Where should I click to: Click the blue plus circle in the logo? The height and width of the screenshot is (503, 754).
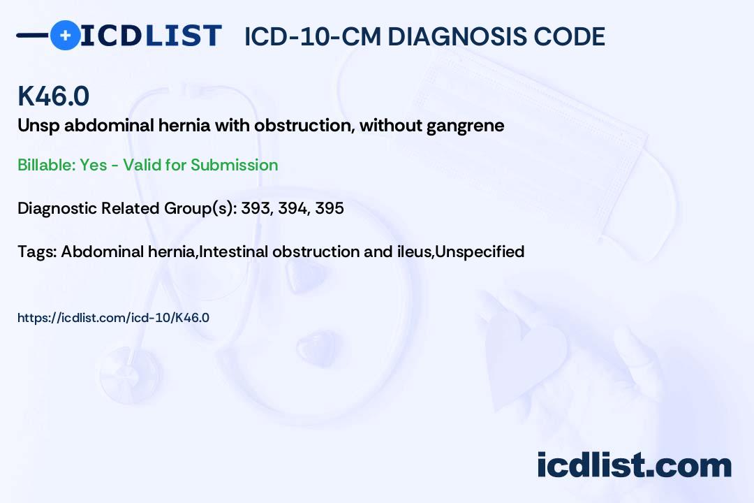tap(65, 36)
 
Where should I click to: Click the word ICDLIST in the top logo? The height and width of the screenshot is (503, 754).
tap(151, 36)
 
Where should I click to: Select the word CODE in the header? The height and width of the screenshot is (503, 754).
tap(561, 36)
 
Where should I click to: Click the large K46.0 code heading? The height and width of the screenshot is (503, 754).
tap(53, 96)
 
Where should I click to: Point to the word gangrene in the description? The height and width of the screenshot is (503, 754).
tap(466, 126)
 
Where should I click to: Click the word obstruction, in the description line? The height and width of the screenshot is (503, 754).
tap(304, 125)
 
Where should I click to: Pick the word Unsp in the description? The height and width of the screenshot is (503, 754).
tap(38, 126)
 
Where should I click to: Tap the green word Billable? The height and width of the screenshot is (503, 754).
tap(47, 165)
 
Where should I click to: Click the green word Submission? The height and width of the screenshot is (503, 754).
tap(234, 165)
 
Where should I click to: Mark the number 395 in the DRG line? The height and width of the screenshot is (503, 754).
tap(330, 208)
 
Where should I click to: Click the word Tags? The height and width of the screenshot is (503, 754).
tap(37, 252)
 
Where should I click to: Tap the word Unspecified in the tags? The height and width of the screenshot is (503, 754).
tap(480, 252)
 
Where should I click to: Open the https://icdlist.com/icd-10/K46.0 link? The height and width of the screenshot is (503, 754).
tap(114, 318)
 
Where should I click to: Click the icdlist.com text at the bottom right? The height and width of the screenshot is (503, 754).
tap(634, 465)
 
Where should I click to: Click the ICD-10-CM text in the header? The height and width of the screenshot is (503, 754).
tap(313, 36)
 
